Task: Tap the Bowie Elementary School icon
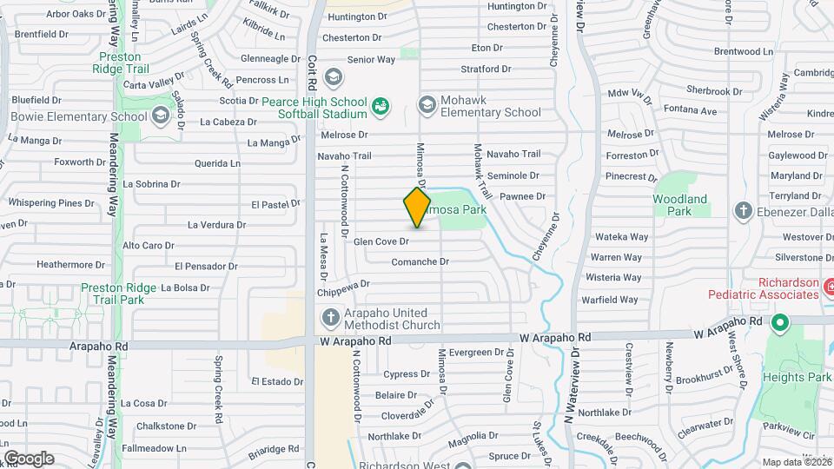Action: point(160,116)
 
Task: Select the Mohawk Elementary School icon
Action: point(426,104)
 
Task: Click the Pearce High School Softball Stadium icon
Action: point(380,107)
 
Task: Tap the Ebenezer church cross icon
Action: point(743,210)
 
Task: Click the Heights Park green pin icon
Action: point(780,325)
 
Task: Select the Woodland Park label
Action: point(685,205)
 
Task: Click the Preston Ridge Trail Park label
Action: point(118,294)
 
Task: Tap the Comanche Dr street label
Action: point(420,261)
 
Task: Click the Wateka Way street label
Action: point(622,236)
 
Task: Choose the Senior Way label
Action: point(371,60)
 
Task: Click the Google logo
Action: point(29,458)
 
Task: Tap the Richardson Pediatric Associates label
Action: point(788,288)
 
